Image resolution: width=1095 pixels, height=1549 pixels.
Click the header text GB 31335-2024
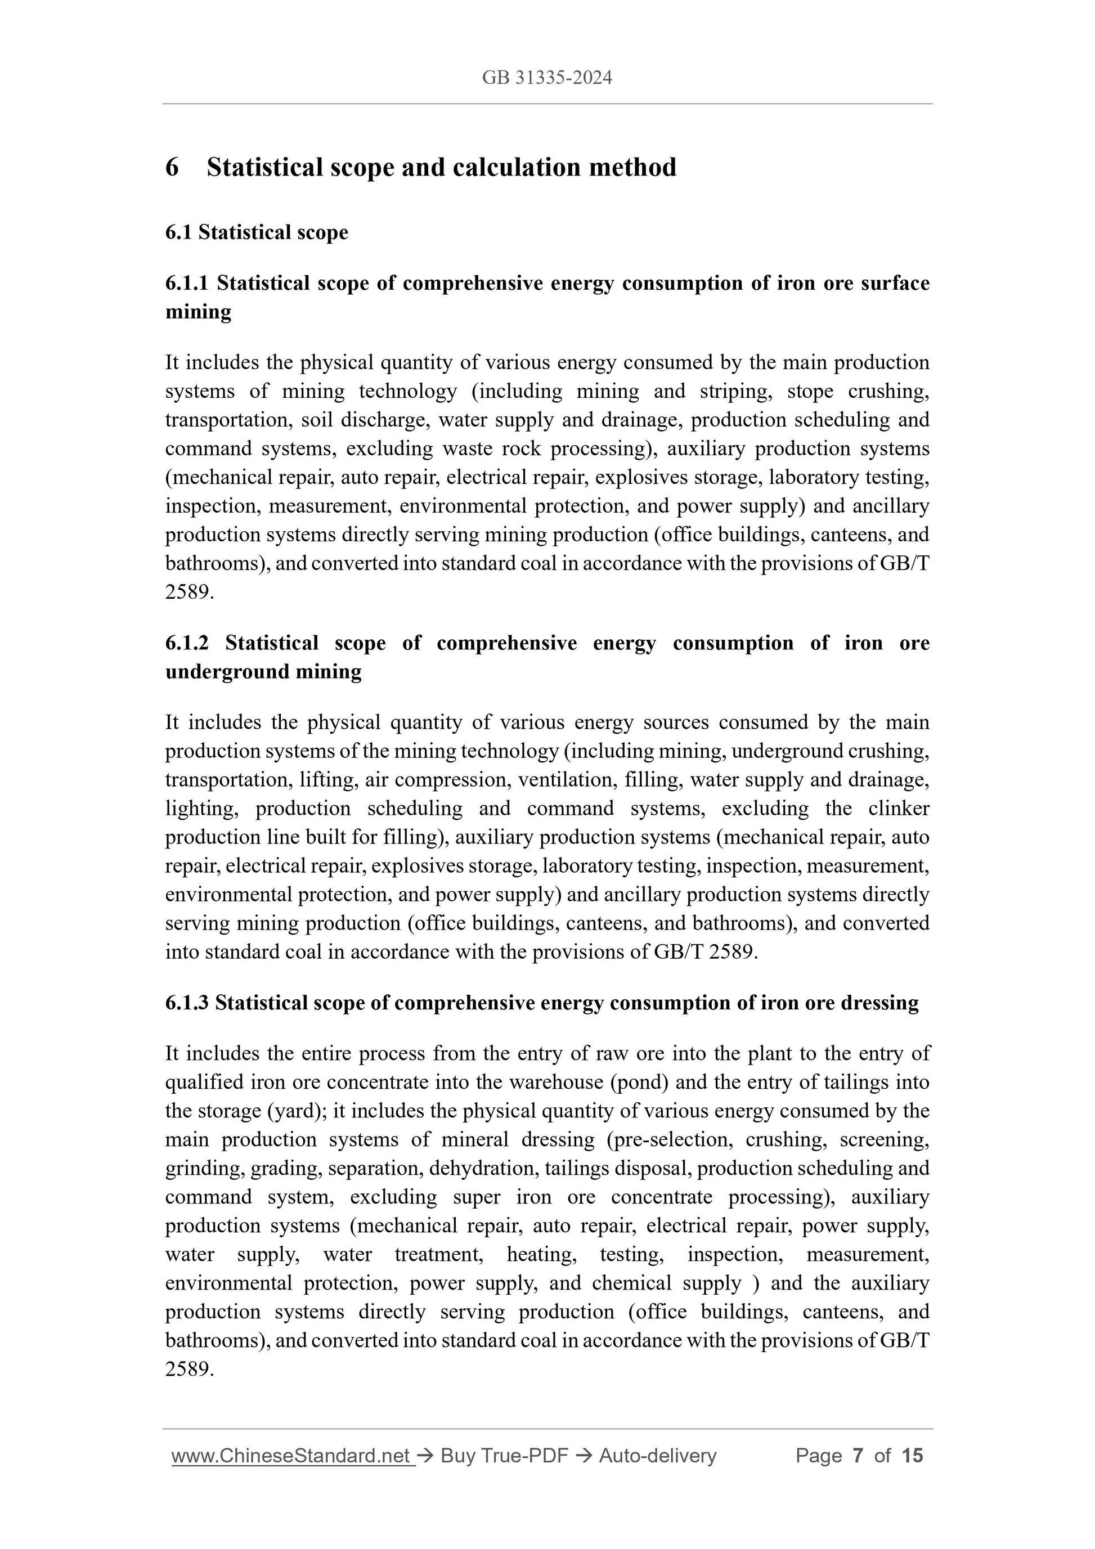546,78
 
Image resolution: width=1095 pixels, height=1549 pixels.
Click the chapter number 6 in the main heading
172,167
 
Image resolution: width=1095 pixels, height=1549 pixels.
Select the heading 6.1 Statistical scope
257,232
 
